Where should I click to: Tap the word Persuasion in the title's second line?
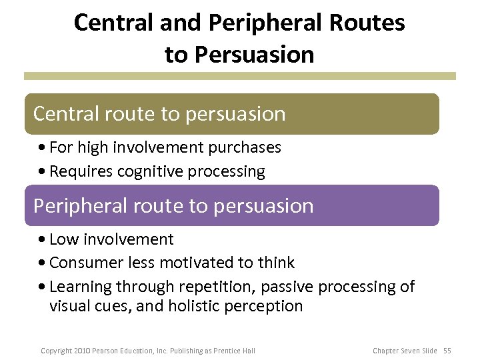(259, 55)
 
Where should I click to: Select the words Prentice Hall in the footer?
(234, 350)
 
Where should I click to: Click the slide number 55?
(447, 350)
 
